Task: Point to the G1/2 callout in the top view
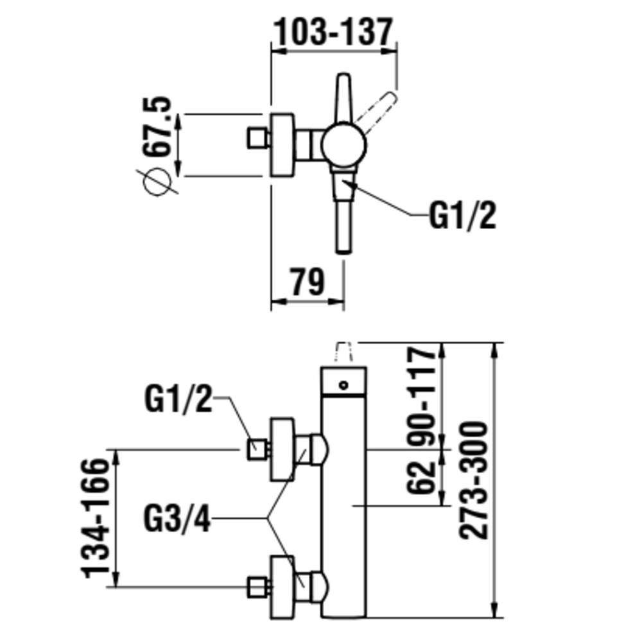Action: [462, 217]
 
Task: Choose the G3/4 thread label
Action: [178, 519]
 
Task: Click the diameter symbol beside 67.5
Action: [157, 182]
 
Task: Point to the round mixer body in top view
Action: [343, 145]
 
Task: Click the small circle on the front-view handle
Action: [343, 385]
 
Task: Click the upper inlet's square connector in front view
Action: [257, 449]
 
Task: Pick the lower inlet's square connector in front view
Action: [257, 586]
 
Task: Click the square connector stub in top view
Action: [257, 137]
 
